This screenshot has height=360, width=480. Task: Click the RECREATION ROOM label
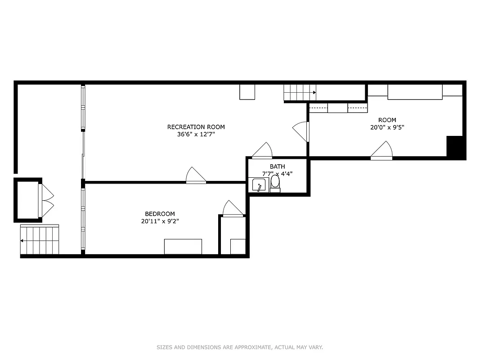click(196, 127)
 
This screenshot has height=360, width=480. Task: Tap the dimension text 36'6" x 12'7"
click(196, 134)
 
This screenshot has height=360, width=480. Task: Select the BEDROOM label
click(160, 214)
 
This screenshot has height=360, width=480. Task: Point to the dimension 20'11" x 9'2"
click(160, 221)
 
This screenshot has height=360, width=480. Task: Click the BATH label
click(277, 166)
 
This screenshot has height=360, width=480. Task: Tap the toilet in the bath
click(275, 183)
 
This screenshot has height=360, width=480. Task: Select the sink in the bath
click(259, 185)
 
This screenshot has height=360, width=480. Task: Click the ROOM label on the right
click(387, 120)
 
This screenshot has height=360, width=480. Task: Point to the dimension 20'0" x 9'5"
click(387, 127)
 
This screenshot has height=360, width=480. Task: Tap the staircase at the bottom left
click(40, 240)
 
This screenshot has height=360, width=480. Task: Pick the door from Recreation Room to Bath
click(262, 151)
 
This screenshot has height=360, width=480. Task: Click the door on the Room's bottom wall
click(381, 151)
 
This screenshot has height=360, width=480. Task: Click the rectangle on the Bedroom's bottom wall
click(183, 247)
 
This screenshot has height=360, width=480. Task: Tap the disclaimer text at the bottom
click(240, 347)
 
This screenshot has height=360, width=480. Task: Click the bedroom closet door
click(232, 209)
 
